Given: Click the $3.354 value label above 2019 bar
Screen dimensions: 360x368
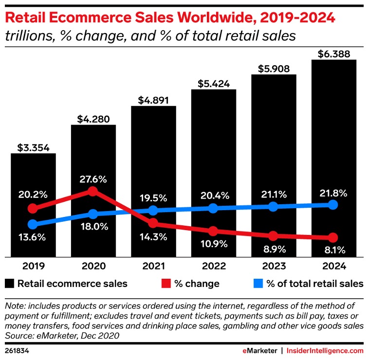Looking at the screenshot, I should coord(34,147).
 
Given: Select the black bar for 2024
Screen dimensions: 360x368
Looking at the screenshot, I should coord(334,146).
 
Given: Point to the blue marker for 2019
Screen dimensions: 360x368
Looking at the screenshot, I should coord(33,224).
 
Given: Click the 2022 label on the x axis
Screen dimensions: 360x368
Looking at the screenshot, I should coord(213,266).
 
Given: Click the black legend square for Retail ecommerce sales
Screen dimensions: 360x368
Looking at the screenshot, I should coord(9,283).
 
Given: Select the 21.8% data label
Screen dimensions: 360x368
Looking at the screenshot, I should coord(333,193).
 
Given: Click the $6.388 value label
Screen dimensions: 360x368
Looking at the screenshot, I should coord(334,54).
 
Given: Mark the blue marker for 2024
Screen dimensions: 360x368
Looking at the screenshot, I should coord(333,205).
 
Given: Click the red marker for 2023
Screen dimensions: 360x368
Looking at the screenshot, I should coord(274,236).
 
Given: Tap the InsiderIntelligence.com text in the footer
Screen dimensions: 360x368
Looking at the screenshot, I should coord(325,351).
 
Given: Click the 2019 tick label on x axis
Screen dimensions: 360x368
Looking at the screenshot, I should coord(34,266).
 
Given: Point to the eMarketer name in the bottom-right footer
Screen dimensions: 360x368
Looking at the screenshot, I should coord(261,351).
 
